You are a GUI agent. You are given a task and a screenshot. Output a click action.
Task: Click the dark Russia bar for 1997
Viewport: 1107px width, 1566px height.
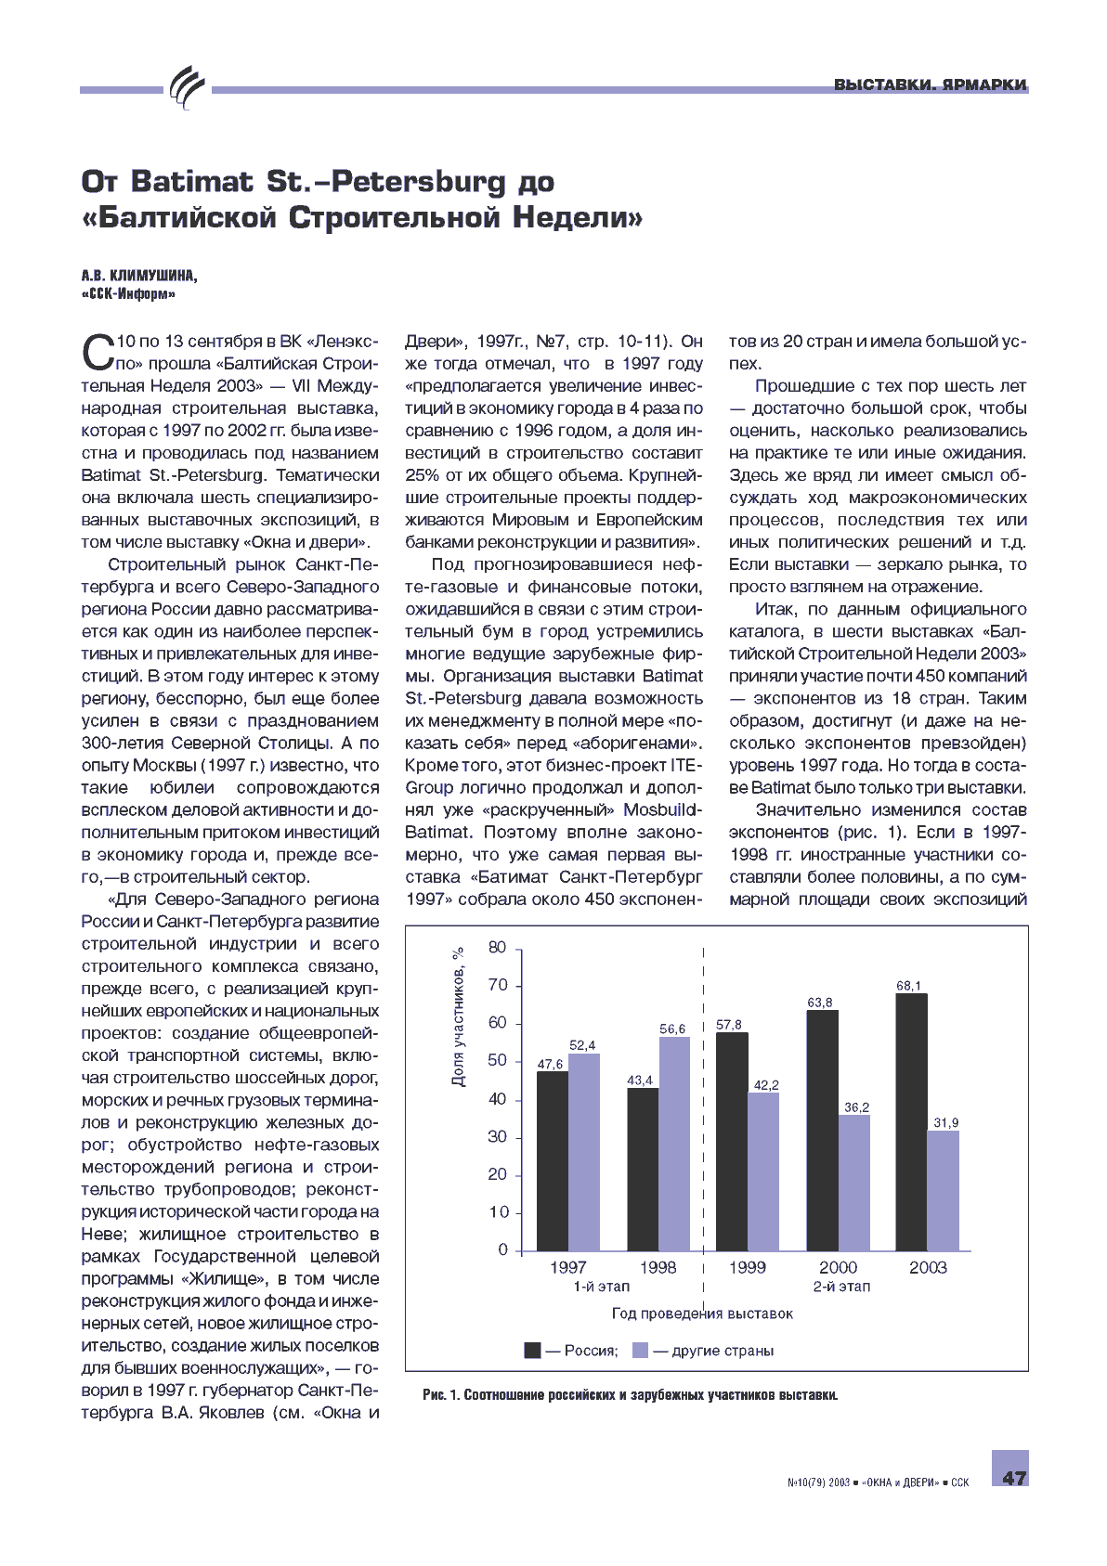[x=553, y=1160]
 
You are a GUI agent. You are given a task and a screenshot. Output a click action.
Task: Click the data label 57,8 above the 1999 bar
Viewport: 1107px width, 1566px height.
[x=729, y=1025]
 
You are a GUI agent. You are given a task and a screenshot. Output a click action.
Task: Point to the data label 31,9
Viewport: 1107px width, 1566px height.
[x=945, y=1122]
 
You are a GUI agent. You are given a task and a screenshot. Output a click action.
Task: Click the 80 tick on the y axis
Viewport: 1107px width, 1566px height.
[x=498, y=948]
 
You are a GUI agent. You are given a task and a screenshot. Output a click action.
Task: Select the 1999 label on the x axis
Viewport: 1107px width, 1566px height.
[x=747, y=1267]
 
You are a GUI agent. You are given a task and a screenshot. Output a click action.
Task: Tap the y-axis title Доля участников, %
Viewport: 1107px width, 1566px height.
[x=458, y=1017]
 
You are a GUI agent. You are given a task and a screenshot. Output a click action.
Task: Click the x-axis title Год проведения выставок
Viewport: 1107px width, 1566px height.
[x=702, y=1314]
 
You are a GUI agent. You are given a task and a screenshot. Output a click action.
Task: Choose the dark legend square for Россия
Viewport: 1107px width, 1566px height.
[x=532, y=1350]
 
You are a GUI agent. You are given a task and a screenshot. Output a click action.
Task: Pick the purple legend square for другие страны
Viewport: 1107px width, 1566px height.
[x=640, y=1350]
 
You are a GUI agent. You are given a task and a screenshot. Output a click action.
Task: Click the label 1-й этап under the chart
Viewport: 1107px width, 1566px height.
[x=601, y=1287]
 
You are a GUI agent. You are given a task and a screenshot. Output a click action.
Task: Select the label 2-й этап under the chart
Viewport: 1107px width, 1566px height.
[x=841, y=1287]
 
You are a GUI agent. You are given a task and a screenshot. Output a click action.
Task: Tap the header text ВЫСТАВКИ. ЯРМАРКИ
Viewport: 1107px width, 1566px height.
[x=930, y=84]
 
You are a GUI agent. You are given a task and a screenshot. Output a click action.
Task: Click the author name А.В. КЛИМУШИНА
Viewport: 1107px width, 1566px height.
[x=139, y=276]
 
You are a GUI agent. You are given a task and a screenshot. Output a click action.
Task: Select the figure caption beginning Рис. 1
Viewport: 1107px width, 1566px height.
[x=630, y=1395]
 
